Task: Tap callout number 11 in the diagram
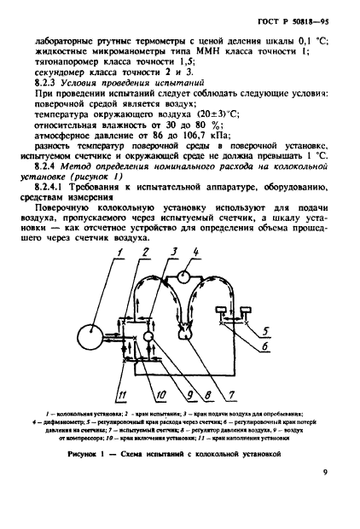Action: (x=121, y=393)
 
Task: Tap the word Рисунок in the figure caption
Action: (x=88, y=454)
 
